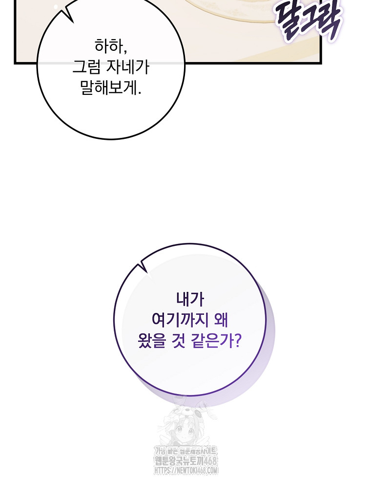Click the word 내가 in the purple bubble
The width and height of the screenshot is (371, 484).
[x=190, y=299]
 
